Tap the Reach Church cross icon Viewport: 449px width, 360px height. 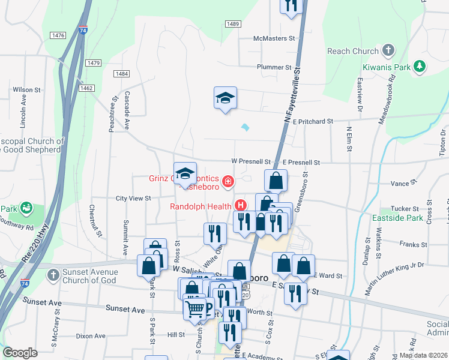[x=388, y=51]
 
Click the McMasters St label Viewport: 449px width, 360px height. [x=275, y=38]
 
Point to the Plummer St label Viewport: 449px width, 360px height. [x=274, y=68]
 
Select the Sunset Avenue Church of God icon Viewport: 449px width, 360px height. [x=53, y=275]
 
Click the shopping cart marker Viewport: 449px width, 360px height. [x=195, y=310]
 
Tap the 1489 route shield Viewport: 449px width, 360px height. [x=234, y=23]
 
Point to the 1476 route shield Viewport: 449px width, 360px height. [x=58, y=36]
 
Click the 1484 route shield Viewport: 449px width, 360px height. [x=121, y=73]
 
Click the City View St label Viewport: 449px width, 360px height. [x=133, y=198]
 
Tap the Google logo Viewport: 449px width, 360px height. [x=20, y=353]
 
